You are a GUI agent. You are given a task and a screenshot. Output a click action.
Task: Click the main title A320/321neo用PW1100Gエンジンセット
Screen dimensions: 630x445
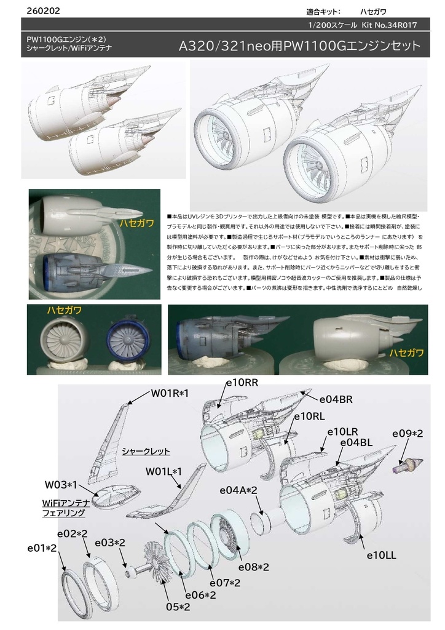pos(299,47)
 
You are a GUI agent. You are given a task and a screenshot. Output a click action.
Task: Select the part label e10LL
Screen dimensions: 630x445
pos(381,555)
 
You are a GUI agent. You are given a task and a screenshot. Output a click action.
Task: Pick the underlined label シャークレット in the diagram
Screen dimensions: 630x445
pos(146,451)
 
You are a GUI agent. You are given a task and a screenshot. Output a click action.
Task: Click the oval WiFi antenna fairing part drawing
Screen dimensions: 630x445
pos(119,492)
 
